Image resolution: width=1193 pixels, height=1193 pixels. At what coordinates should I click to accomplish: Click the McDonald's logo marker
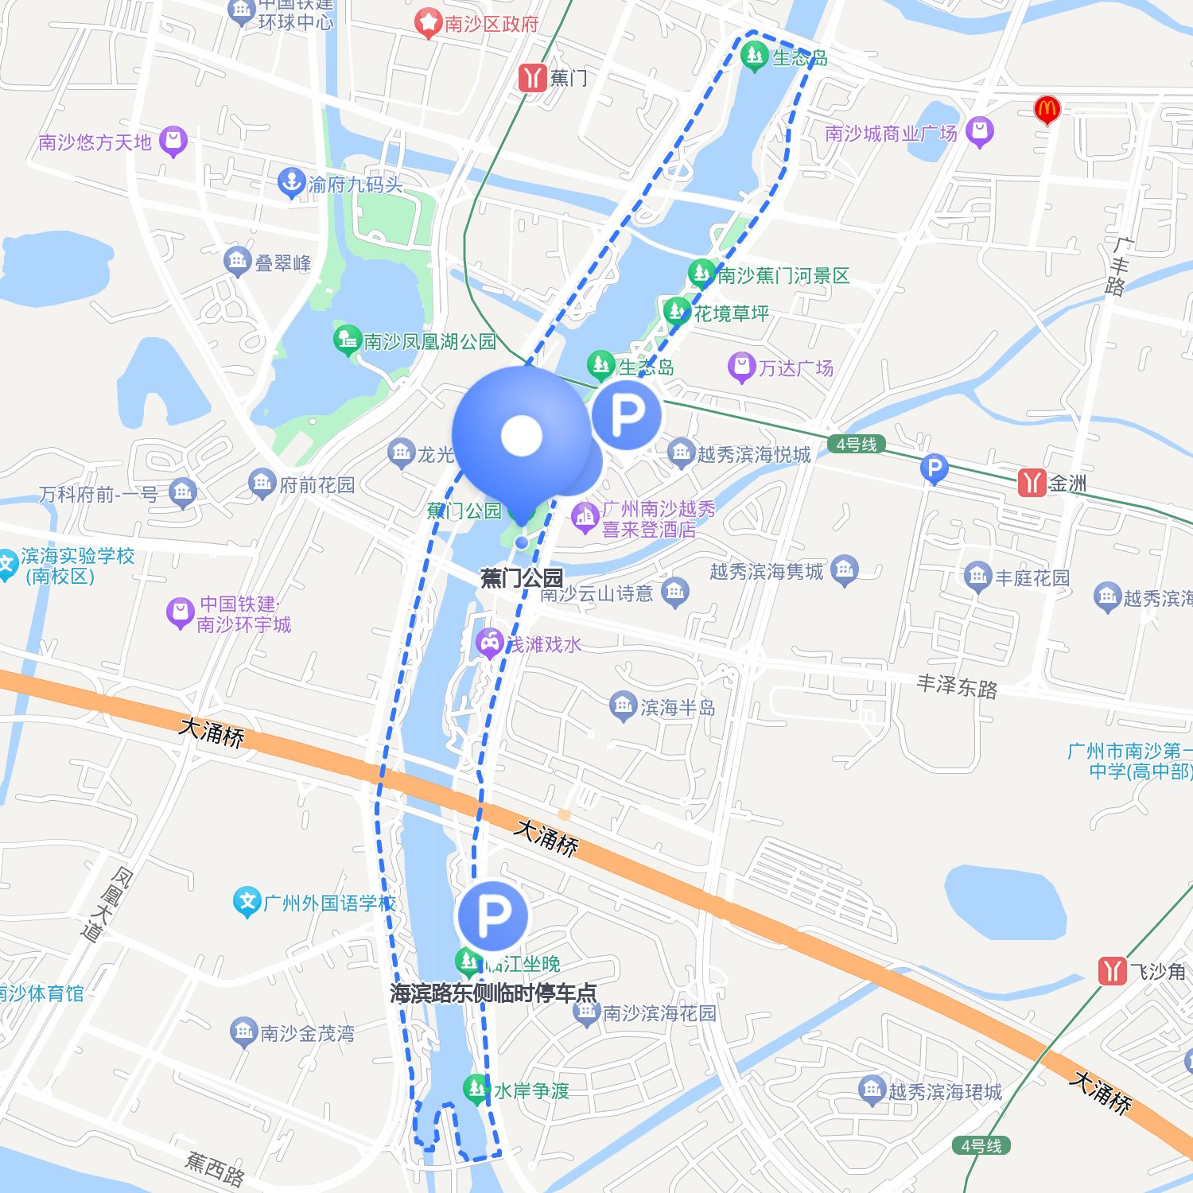1047,110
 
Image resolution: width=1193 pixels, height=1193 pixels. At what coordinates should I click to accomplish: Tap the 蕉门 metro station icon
531,78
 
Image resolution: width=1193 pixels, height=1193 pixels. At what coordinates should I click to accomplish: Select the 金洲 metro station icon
1032,483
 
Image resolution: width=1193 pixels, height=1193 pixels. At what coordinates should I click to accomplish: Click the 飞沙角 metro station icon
1112,971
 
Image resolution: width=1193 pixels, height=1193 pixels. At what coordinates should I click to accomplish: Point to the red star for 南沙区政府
428,23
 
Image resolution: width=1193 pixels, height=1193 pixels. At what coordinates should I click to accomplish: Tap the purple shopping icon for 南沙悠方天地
173,142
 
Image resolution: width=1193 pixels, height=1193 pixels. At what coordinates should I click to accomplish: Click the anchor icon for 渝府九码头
291,183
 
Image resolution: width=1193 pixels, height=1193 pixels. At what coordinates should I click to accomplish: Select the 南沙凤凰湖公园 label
429,342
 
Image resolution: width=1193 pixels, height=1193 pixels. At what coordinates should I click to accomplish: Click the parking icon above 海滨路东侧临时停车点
492,915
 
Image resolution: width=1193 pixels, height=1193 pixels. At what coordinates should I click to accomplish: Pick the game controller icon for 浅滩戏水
489,642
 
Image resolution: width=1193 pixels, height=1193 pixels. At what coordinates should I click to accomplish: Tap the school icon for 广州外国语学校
247,902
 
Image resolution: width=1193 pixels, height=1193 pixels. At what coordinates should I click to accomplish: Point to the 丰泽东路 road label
957,686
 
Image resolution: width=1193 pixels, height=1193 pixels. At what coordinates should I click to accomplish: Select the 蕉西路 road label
215,1168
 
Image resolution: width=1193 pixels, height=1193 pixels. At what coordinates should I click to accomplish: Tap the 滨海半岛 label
678,707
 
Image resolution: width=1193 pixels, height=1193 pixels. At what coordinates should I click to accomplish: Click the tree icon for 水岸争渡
476,1088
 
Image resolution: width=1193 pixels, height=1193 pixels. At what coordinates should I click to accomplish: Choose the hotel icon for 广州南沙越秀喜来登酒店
585,517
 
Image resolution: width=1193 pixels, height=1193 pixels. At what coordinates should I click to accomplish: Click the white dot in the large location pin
522,435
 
